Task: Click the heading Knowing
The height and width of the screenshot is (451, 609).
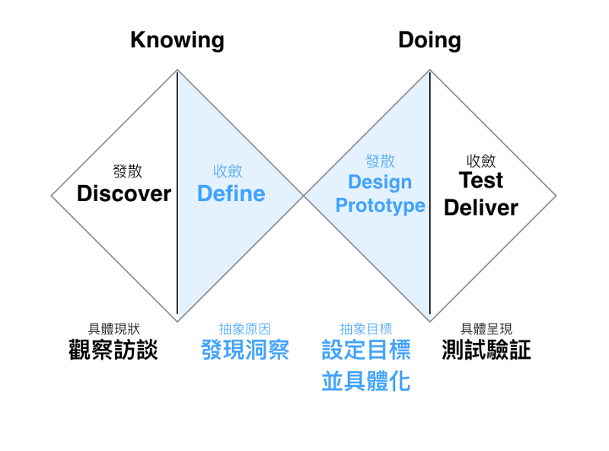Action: coord(177,41)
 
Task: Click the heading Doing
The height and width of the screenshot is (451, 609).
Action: coord(429,41)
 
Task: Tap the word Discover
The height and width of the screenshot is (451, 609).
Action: coord(124,194)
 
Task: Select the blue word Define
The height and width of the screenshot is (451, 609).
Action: coord(231,194)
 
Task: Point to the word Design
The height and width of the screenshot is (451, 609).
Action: coord(380,182)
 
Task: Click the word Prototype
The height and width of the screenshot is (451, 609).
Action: coord(380,205)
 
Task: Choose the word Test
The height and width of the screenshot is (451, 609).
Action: coord(481,180)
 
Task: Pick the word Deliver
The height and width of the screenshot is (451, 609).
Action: coord(481,207)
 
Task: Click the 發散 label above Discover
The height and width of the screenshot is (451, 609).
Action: coord(127,171)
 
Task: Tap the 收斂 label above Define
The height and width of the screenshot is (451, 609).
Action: coord(228,171)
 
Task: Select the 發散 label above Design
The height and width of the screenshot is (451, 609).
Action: coord(380,161)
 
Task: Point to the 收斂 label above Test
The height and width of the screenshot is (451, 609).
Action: coord(481,161)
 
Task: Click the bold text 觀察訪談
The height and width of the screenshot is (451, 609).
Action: coord(113,350)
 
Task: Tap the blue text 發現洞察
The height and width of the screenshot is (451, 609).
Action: coord(245,350)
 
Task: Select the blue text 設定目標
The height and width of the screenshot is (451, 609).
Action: coord(366,350)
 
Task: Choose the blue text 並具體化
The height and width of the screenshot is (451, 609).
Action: coord(366,381)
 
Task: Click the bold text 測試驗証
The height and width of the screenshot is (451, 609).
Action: coord(486,350)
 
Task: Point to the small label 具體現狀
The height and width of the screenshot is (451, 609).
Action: coord(113,329)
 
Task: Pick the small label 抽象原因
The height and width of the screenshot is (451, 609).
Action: coord(245,329)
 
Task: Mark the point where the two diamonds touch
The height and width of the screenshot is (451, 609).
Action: coord(304,196)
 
